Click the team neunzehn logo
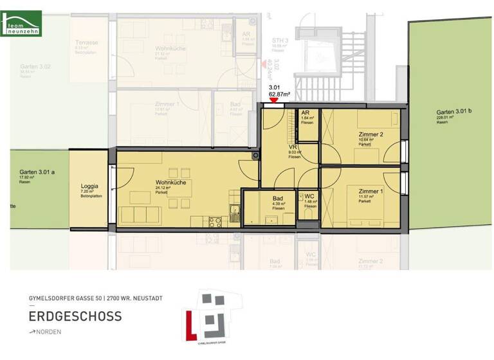tap(23, 24)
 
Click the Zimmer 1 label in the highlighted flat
tap(371, 192)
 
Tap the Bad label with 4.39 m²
tap(278, 199)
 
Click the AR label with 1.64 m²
tap(306, 113)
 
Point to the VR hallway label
tap(293, 147)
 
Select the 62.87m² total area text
tap(279, 94)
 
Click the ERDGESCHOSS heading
tap(75, 316)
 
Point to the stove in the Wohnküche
tap(214, 221)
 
